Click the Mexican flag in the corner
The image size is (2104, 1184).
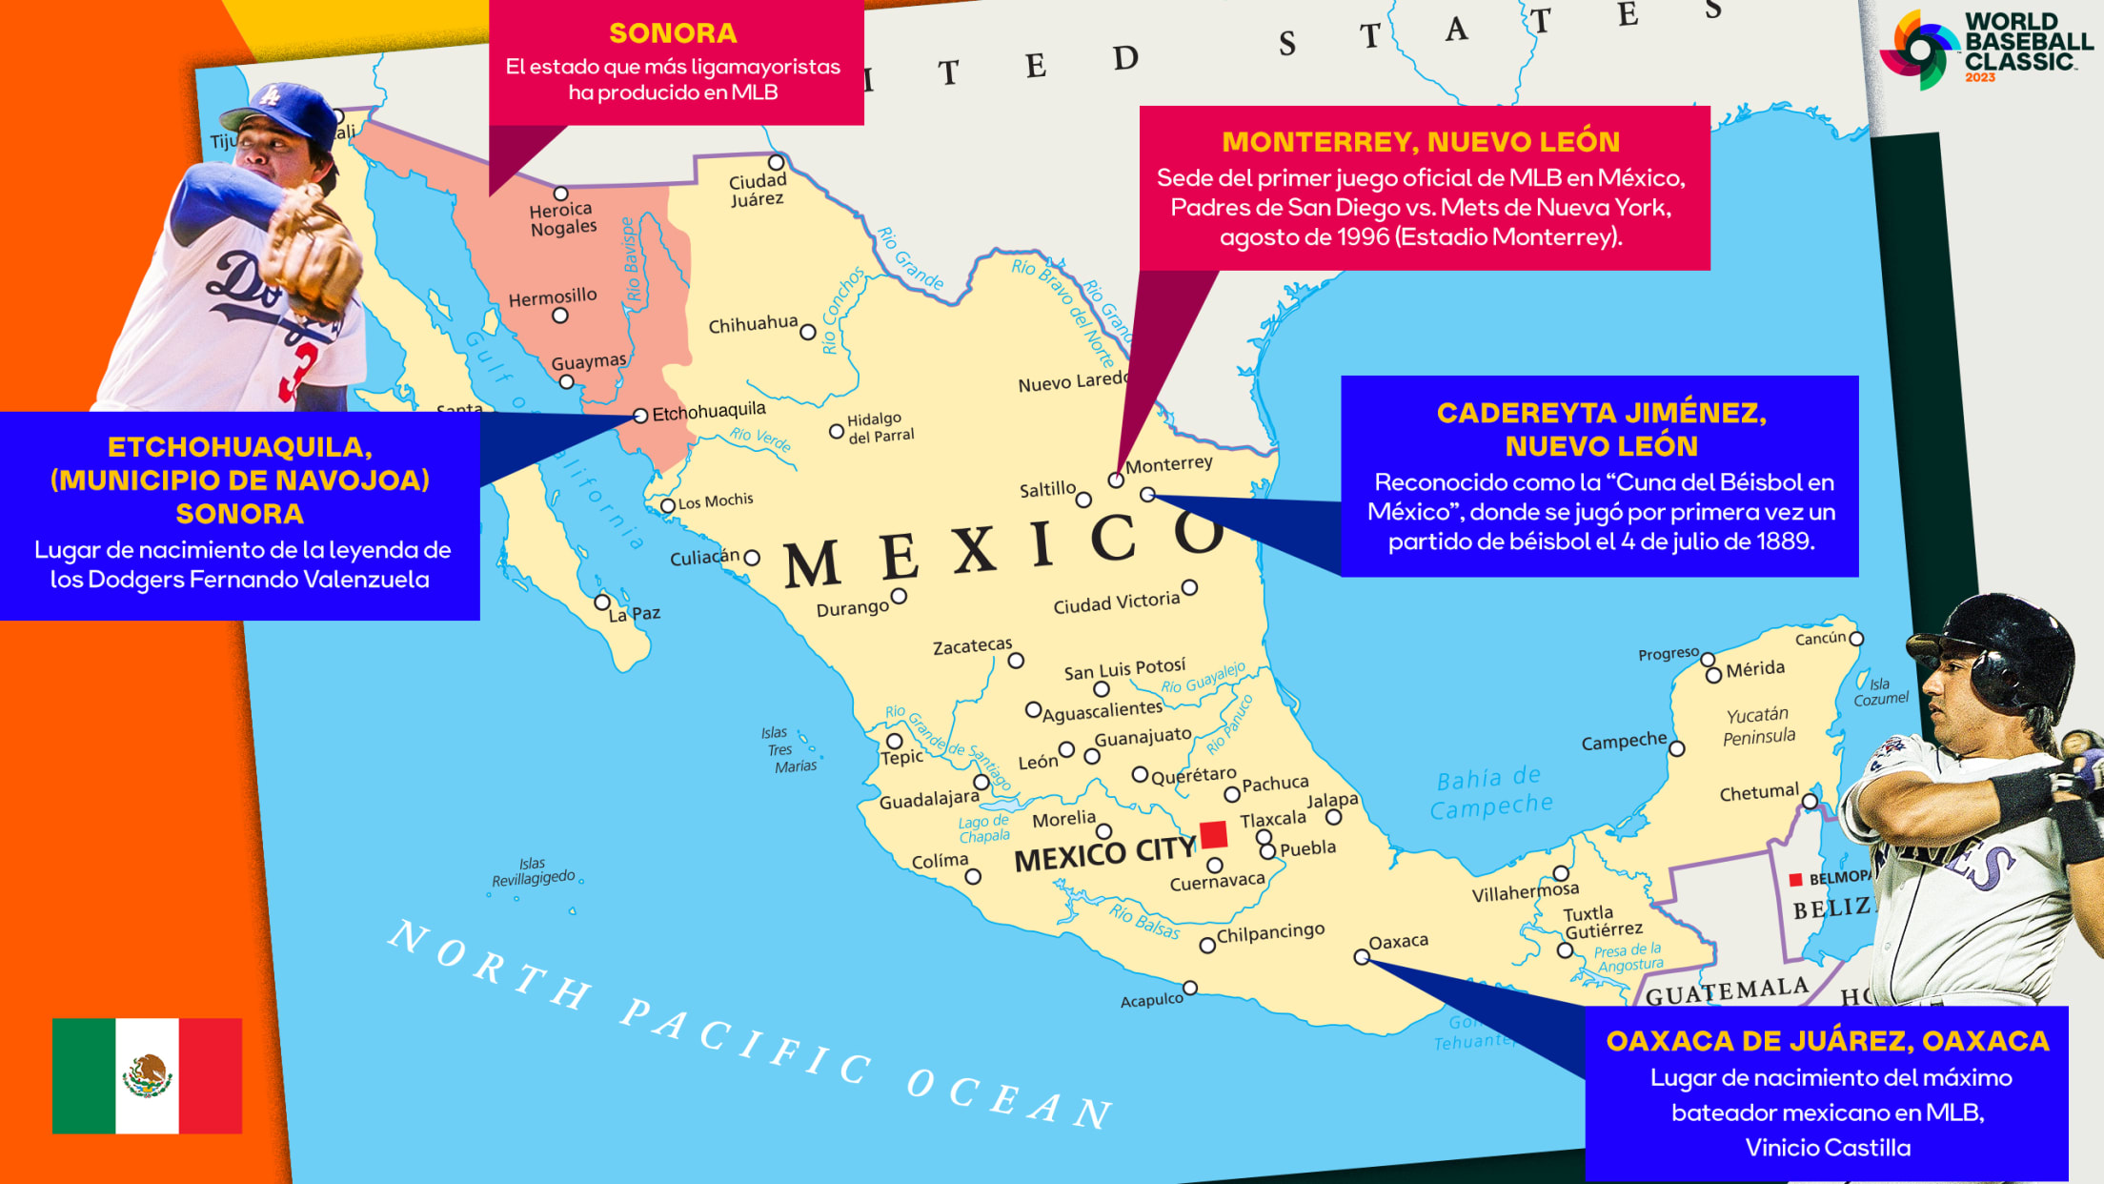tap(147, 1075)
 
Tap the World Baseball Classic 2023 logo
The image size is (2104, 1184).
tap(1986, 48)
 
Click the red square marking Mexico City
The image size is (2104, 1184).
tap(1213, 835)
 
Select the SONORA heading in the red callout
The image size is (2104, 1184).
tap(673, 33)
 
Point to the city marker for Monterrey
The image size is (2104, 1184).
tap(1116, 480)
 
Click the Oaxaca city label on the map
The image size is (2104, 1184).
tap(1398, 942)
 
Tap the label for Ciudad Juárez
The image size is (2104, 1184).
tap(758, 190)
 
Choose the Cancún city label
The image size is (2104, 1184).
tap(1820, 638)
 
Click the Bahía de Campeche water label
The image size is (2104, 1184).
tap(1490, 792)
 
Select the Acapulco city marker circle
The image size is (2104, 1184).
tap(1190, 988)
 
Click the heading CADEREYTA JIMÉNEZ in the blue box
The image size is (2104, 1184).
tap(1601, 413)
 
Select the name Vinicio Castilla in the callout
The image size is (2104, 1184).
tap(1827, 1148)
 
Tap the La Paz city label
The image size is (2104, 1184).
tap(634, 614)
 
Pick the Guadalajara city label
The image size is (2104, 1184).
tap(928, 799)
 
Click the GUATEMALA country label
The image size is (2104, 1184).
tap(1726, 991)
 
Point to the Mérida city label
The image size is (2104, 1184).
tap(1754, 669)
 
